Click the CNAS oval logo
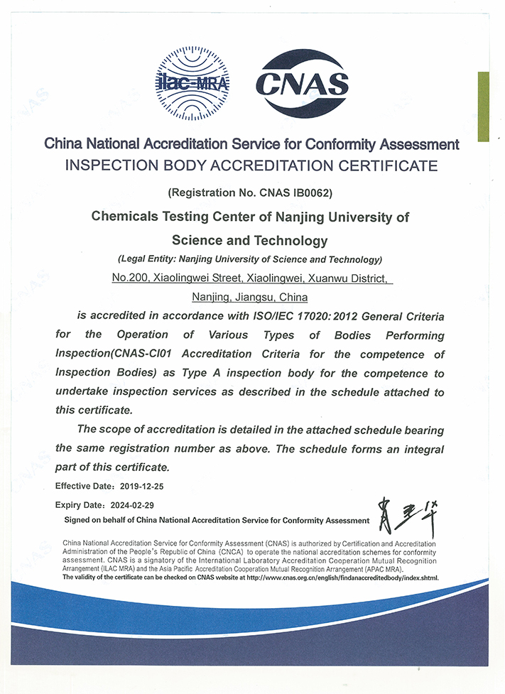pyautogui.click(x=301, y=84)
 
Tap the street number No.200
pyautogui.click(x=129, y=278)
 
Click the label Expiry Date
pyautogui.click(x=79, y=505)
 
